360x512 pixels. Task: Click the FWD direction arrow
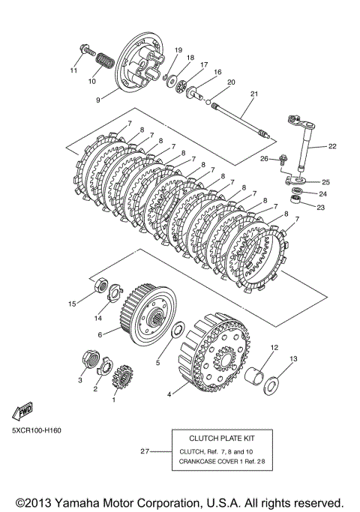[22, 411]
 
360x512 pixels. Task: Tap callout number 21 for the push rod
[254, 94]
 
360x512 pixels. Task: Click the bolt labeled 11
[86, 50]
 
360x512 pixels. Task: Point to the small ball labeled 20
[208, 101]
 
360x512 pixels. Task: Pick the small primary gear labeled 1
[122, 376]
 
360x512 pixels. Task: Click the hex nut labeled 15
[100, 286]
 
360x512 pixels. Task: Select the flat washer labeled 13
[271, 386]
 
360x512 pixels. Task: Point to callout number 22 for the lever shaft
[332, 146]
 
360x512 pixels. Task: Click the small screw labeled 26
[283, 160]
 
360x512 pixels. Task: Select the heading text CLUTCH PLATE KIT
[222, 439]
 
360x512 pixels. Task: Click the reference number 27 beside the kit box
[145, 451]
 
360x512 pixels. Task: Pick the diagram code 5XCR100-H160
[37, 430]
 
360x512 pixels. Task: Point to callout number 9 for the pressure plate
[98, 100]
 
